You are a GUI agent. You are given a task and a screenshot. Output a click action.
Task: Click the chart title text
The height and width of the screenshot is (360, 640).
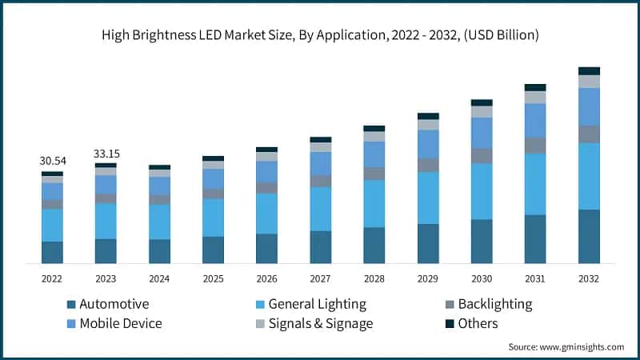pos(320,35)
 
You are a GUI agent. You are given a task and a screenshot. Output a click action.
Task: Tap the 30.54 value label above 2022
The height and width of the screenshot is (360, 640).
pos(53,161)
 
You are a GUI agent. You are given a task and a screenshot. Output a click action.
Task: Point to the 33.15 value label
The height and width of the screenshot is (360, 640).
pos(106,153)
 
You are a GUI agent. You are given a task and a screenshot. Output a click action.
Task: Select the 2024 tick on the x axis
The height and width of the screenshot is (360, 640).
pos(159,278)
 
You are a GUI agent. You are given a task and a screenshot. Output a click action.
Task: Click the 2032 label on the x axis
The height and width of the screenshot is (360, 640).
pos(589,278)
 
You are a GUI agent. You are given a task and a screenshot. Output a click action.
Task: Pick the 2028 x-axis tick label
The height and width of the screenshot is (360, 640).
pos(374,278)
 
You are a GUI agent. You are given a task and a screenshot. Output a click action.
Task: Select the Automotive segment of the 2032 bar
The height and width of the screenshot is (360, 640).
pos(589,236)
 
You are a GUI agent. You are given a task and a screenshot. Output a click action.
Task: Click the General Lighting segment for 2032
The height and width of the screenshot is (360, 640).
pos(589,176)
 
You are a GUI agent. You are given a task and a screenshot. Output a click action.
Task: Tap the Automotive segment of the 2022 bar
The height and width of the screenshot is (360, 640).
pos(53,252)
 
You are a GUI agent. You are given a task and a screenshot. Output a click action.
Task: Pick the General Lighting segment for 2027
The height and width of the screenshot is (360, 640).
pos(320,209)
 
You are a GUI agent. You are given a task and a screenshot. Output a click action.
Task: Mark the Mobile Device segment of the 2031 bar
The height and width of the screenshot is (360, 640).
pos(535,120)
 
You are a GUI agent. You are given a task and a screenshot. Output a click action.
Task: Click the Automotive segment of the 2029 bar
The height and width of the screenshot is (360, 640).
pos(428,243)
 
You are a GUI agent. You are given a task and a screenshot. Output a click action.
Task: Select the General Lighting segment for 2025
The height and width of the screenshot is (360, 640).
pos(213,218)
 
